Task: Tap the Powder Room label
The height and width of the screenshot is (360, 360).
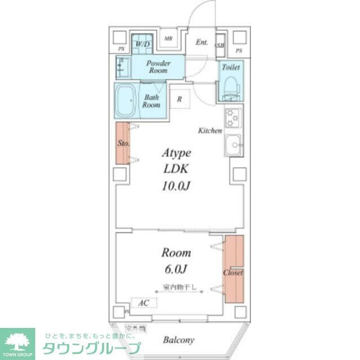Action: (159, 67)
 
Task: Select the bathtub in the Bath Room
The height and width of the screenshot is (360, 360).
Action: (127, 101)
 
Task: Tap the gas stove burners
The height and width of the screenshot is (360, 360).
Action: (232, 119)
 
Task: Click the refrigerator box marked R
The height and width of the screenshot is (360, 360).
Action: (179, 99)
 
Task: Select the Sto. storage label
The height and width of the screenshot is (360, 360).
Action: (123, 143)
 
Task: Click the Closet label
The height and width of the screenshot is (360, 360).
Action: (233, 273)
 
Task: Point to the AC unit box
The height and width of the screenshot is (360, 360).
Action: (143, 303)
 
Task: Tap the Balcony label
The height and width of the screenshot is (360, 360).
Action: (179, 340)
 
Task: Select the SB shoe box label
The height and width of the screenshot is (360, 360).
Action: (220, 45)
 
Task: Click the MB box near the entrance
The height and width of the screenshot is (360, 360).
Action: (168, 38)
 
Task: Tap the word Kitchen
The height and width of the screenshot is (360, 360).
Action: (210, 130)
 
